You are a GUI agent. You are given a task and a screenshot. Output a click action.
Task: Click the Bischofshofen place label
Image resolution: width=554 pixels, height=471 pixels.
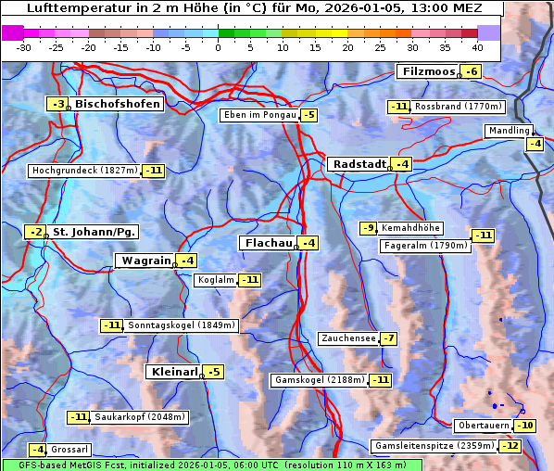(118, 105)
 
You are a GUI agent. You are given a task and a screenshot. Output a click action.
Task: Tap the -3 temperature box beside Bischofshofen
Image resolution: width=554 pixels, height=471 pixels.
(58, 105)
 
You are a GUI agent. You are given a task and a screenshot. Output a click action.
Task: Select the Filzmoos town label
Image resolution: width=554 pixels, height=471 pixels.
(428, 71)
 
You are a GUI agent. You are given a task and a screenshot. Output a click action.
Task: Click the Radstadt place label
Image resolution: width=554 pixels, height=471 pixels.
(359, 164)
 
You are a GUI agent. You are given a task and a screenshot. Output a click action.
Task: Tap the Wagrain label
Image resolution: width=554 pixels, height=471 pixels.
(146, 261)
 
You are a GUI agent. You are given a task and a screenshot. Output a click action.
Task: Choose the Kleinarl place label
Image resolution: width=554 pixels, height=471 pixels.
(174, 372)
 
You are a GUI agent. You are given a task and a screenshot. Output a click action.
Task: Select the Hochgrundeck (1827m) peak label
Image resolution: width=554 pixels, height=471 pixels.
(84, 171)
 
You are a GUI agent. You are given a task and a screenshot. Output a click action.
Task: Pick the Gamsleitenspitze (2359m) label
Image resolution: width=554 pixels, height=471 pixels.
(434, 446)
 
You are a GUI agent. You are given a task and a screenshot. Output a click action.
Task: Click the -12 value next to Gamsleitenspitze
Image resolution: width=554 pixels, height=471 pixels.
(510, 446)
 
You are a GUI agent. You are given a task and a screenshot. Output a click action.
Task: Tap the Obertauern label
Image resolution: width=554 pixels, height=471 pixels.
(484, 426)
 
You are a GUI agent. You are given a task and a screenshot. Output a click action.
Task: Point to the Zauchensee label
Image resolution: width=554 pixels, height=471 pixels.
(348, 338)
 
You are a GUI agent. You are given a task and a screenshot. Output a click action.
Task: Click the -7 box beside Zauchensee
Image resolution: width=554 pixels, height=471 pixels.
(388, 338)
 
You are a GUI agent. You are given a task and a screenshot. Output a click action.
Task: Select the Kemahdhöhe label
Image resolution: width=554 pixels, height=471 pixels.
(411, 228)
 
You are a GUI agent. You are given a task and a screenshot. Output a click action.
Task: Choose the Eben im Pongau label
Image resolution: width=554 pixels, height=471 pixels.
(259, 115)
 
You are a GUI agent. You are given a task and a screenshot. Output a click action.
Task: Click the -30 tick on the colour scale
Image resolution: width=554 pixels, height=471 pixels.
(24, 47)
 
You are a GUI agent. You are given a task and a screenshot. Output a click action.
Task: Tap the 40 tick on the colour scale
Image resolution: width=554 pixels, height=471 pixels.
(477, 47)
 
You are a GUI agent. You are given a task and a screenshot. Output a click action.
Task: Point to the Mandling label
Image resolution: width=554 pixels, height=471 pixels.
(509, 131)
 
